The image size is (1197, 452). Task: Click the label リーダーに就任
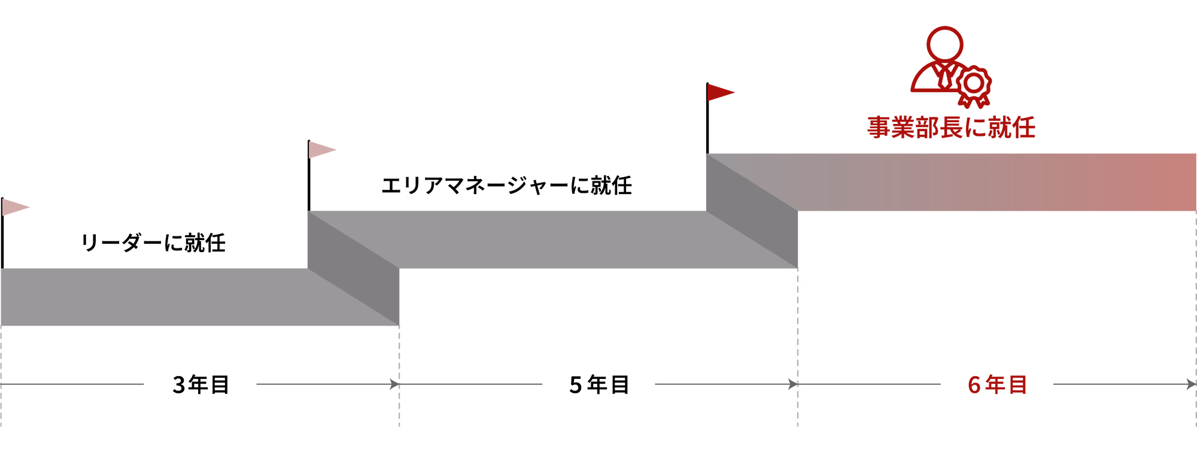pos(153,242)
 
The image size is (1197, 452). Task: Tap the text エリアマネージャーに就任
pos(506,185)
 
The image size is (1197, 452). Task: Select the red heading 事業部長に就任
pos(951,128)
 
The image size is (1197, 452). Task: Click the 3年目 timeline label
pos(200,384)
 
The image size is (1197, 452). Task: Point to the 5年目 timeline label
pos(599,384)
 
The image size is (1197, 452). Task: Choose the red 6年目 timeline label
pos(997,384)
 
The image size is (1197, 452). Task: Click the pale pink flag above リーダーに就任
pos(14,207)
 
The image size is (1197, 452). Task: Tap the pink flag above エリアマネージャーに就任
pos(321,150)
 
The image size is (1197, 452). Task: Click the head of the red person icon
pos(944,44)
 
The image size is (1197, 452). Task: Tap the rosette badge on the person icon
pos(974,86)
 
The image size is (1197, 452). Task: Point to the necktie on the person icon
pos(945,75)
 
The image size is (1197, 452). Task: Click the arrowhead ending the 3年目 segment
pos(394,384)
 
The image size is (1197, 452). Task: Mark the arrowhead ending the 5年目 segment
pos(793,384)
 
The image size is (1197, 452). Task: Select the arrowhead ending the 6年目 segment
pos(1191,384)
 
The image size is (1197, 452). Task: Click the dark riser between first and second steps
pos(353,268)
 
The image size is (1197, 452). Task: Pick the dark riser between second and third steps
pos(752,211)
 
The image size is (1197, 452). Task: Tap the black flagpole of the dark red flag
pos(707,119)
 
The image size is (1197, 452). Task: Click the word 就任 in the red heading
pos(1011,128)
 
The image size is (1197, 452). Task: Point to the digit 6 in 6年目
pos(974,385)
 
